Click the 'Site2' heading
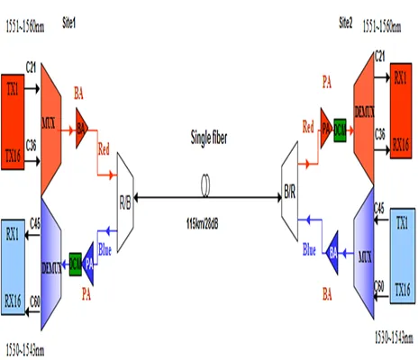coord(348,20)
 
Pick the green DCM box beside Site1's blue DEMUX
coord(76,261)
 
